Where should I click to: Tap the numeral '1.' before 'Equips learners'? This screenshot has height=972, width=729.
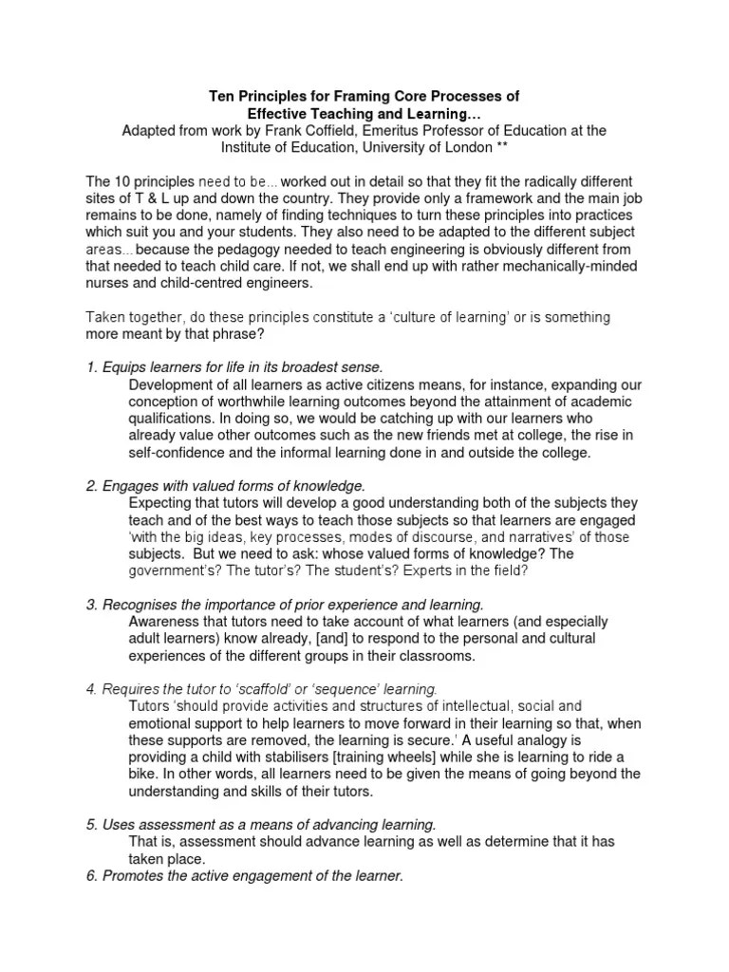pyautogui.click(x=92, y=366)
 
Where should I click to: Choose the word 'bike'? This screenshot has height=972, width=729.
pyautogui.click(x=142, y=774)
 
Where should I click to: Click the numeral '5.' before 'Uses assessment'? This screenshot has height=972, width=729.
pyautogui.click(x=92, y=824)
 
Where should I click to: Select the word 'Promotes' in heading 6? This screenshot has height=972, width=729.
pyautogui.click(x=131, y=876)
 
